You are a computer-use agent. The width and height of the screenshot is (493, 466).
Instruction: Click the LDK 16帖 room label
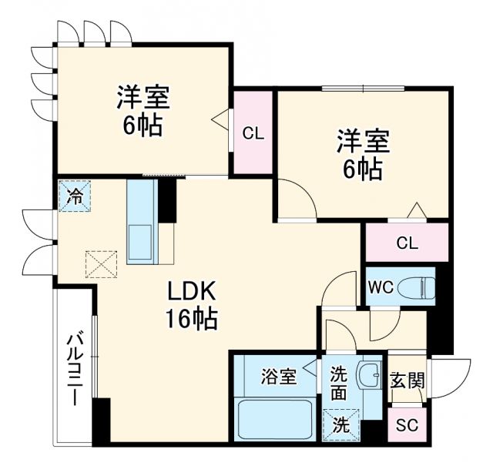[193, 303]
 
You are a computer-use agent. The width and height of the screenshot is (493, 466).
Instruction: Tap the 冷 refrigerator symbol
[76, 195]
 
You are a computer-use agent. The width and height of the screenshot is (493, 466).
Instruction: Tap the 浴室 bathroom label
[278, 377]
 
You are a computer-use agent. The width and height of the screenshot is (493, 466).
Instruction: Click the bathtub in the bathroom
[273, 421]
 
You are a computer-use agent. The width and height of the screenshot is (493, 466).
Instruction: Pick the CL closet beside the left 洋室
[253, 133]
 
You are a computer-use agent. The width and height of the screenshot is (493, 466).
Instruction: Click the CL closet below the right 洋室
[407, 243]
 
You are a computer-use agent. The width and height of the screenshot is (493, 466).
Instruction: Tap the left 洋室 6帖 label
[143, 112]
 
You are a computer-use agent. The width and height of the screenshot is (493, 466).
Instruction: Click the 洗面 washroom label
[339, 382]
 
